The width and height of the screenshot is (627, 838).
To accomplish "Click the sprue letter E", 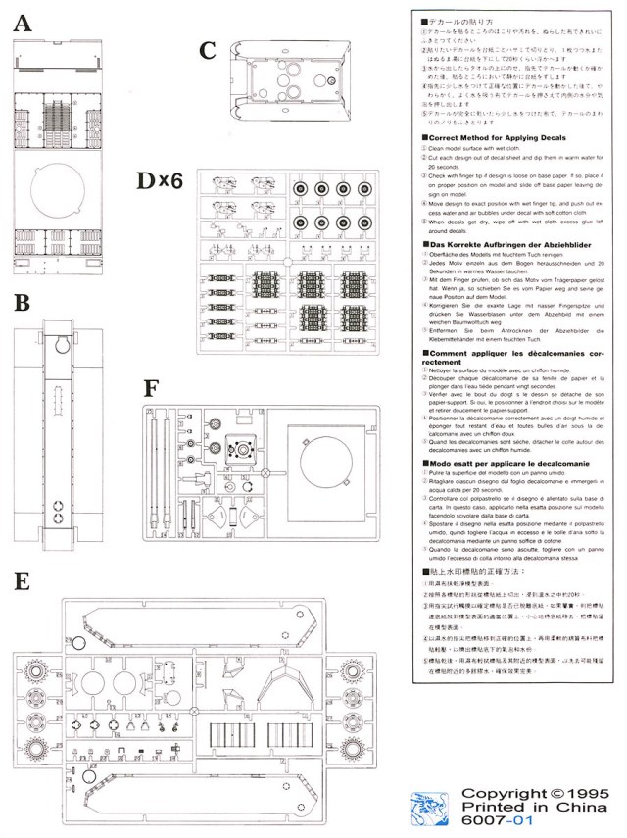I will [x=23, y=582].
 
